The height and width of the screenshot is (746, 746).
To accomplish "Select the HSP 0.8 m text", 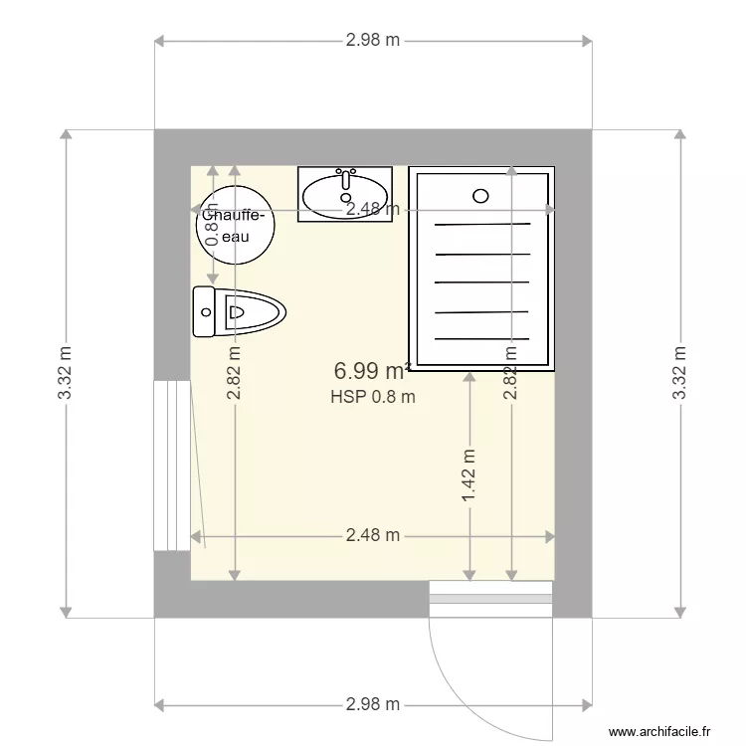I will (x=372, y=397).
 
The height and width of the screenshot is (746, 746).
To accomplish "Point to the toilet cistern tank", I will (x=204, y=312).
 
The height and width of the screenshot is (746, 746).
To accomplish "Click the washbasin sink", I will (x=344, y=195).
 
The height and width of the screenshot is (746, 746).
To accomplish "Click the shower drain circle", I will (x=481, y=196).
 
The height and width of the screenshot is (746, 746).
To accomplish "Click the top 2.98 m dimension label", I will (x=373, y=41).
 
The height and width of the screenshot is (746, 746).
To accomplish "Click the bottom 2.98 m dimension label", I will (x=373, y=704).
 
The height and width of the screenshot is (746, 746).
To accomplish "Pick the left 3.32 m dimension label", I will (x=66, y=373).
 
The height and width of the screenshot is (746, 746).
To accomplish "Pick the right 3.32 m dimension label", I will (x=679, y=373).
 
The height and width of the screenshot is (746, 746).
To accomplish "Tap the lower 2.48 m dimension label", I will (x=373, y=535).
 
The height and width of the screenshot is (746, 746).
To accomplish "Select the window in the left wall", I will (x=171, y=464).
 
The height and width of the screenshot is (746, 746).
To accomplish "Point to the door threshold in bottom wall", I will (x=490, y=599).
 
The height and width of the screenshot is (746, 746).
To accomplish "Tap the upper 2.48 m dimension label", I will (x=373, y=209).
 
